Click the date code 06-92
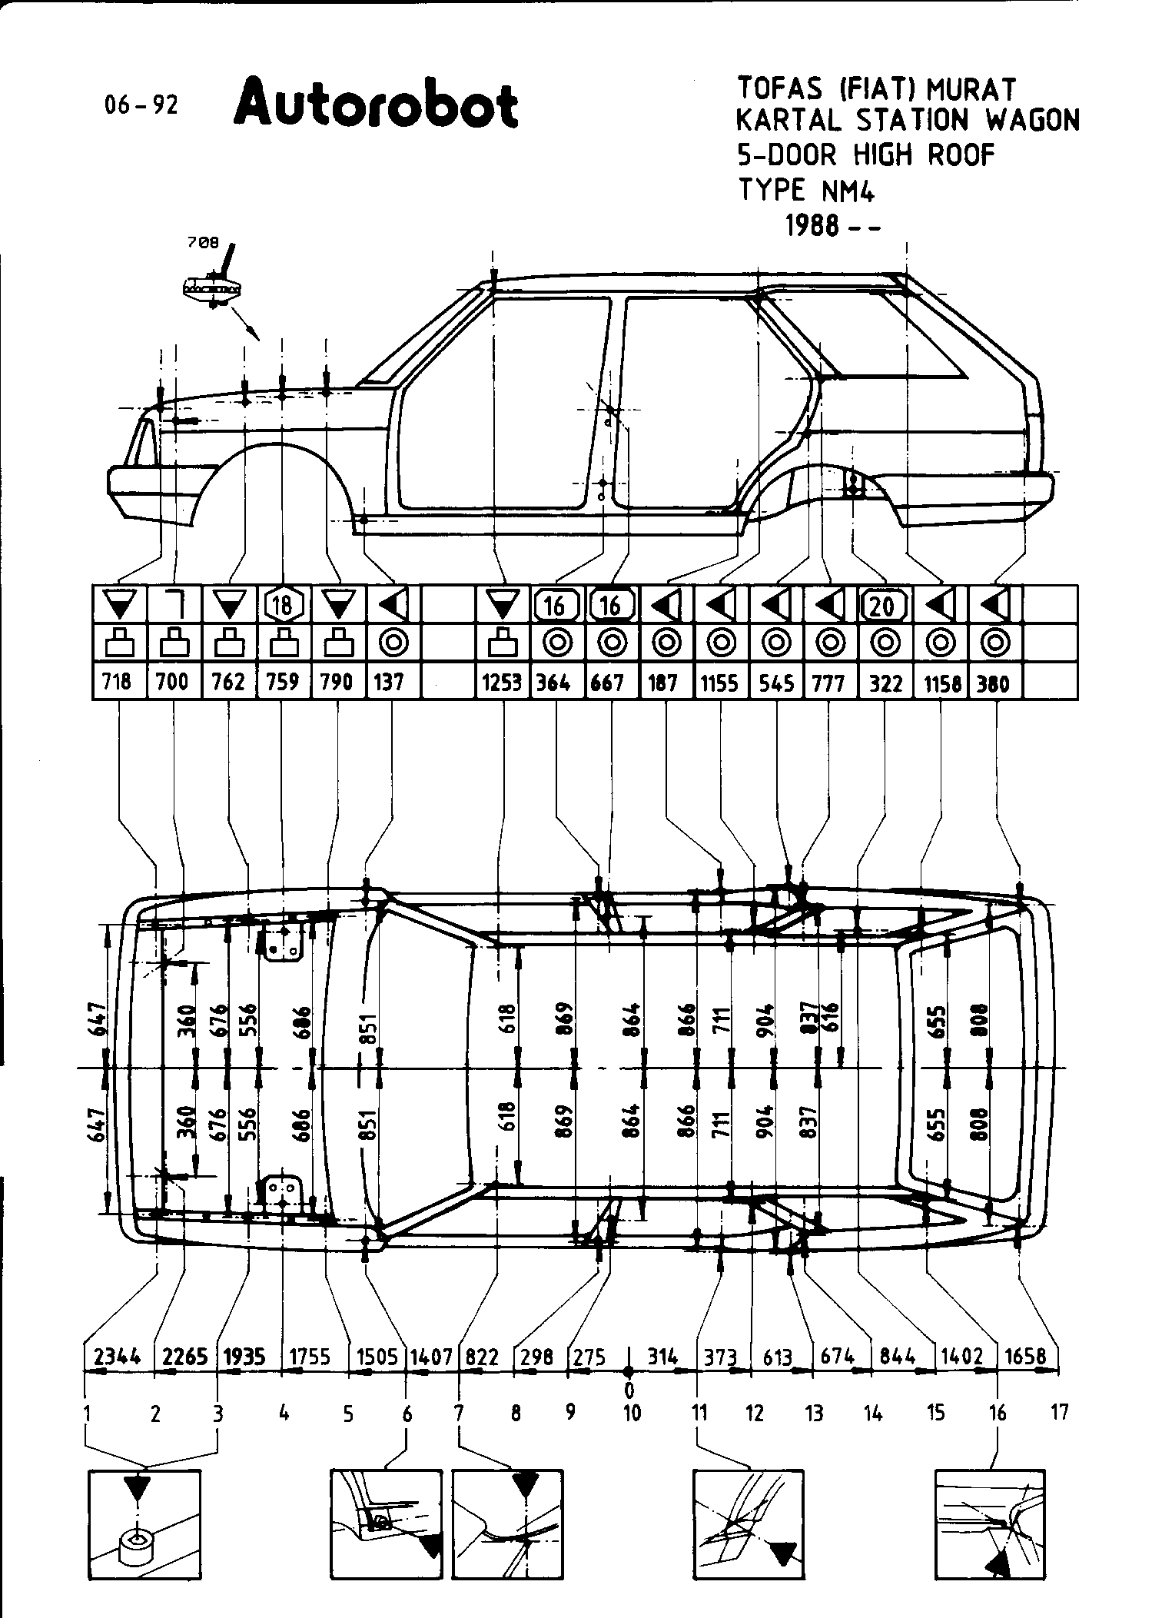point(141,105)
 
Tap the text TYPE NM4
point(806,190)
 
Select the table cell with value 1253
point(502,682)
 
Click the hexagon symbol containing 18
point(283,605)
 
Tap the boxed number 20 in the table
point(884,605)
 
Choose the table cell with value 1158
point(941,682)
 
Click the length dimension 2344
point(118,1357)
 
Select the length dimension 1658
point(1027,1357)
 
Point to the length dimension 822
point(483,1357)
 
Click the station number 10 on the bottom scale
point(632,1412)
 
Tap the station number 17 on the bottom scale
point(1059,1412)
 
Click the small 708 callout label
point(204,243)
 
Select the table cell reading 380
point(994,682)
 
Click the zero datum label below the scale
point(629,1389)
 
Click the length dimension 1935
point(244,1357)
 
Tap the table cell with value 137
point(390,682)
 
